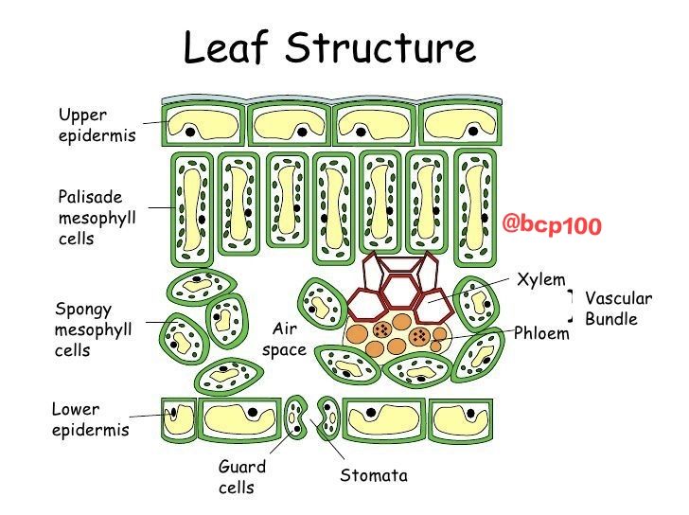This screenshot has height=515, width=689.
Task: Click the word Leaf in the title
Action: coord(225,46)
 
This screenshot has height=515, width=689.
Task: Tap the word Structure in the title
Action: coord(380,46)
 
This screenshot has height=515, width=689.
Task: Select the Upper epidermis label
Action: coord(97,125)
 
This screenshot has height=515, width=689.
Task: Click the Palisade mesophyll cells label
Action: coord(97,218)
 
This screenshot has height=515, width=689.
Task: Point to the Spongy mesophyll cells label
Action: coord(93,329)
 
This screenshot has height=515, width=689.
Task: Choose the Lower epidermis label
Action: coord(91,419)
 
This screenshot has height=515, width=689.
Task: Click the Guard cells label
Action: coord(242,477)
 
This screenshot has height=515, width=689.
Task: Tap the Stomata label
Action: coord(374,475)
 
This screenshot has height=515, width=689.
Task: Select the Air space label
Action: coord(284,339)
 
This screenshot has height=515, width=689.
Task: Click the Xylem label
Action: coord(541,279)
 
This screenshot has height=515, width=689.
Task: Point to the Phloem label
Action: coord(541,333)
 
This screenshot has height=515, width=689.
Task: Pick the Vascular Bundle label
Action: coord(618,308)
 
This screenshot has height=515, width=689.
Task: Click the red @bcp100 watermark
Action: coord(552,225)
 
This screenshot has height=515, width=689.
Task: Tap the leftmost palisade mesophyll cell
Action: coord(192,209)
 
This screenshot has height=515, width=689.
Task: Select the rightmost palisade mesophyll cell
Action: coord(475,207)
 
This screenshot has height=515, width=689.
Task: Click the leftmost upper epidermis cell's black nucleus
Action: coord(190,132)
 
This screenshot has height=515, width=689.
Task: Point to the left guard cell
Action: coord(295,417)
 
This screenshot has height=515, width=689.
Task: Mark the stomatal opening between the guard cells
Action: coord(311,417)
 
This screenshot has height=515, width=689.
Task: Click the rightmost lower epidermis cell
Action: coord(461,420)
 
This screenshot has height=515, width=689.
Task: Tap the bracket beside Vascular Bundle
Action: coord(571,306)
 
